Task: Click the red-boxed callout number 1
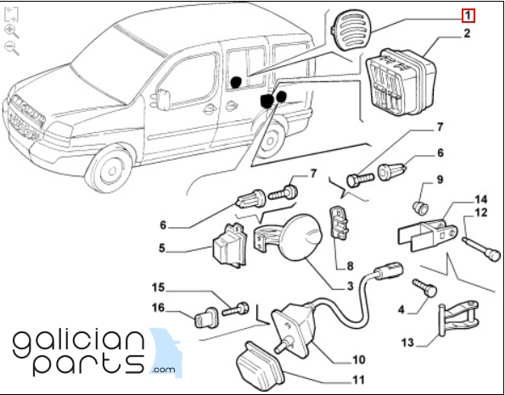(x=468, y=16)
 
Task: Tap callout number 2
(x=467, y=33)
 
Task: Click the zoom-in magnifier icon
(x=12, y=31)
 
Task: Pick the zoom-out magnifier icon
(x=12, y=48)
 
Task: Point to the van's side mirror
(x=163, y=99)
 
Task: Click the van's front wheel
(x=110, y=170)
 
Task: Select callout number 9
(x=440, y=181)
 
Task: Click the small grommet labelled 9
(x=421, y=209)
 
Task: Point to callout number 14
(x=481, y=200)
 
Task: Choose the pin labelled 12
(x=481, y=249)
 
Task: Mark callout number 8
(x=350, y=266)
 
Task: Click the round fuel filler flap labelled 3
(x=302, y=236)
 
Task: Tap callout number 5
(x=161, y=248)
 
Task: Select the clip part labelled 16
(x=205, y=317)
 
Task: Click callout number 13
(x=407, y=343)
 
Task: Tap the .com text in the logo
(x=164, y=370)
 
